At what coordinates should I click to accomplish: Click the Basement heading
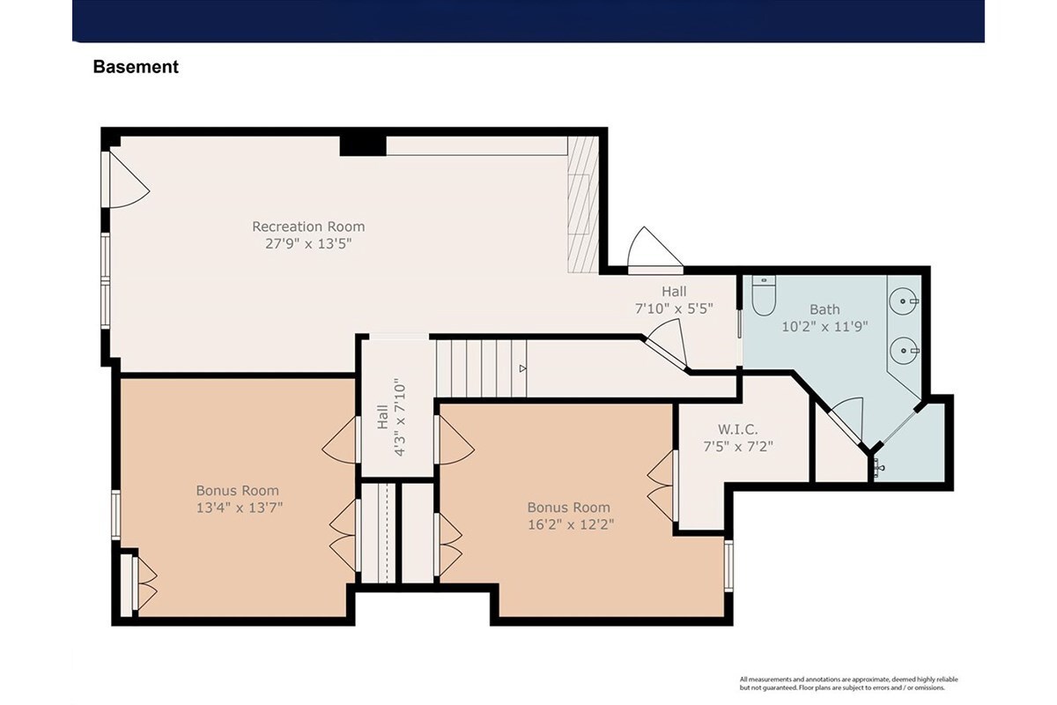coord(136,67)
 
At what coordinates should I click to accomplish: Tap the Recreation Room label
coord(308,226)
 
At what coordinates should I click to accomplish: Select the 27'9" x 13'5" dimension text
coord(308,243)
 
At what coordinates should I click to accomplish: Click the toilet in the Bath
coord(764,295)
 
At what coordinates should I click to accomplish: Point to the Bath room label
coord(824,309)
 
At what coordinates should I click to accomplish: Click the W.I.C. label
coord(738,429)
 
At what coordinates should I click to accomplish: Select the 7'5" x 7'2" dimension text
coord(738,446)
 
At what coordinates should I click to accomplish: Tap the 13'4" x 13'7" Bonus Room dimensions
coord(240,508)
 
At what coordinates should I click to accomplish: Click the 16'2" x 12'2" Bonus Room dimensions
coord(571,524)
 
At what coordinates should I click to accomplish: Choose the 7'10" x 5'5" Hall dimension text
coord(674,308)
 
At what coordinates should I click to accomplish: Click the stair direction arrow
coord(523,368)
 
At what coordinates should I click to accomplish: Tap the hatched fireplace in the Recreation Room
coord(583,204)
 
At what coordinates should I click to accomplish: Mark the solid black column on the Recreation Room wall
coord(363,146)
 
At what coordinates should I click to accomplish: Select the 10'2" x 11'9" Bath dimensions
coord(824,326)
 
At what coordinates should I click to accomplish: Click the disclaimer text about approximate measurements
coord(848,683)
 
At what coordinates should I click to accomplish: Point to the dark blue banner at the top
coord(528,21)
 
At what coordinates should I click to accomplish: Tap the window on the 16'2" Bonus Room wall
coord(728,565)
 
